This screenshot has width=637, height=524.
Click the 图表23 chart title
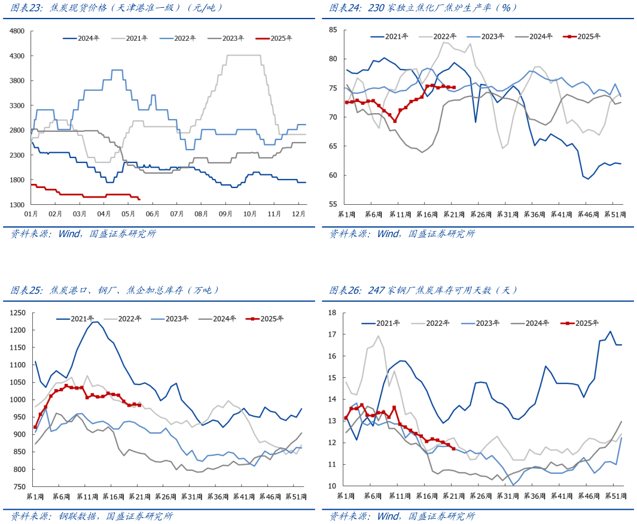(x=117, y=8)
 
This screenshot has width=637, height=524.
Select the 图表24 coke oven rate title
(x=423, y=8)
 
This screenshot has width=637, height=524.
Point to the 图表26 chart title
(x=423, y=290)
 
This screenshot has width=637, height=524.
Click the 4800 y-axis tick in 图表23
(x=17, y=31)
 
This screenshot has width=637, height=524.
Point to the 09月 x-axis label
(x=225, y=213)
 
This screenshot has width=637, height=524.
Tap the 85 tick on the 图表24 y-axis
(x=334, y=30)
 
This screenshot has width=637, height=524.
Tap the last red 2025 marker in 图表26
(x=453, y=449)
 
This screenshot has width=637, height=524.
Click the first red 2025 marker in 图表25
(x=35, y=428)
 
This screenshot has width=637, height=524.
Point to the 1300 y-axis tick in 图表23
(x=17, y=205)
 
